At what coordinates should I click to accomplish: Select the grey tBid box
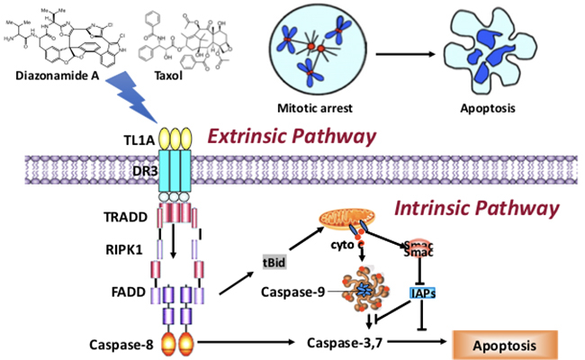[x=274, y=261]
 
